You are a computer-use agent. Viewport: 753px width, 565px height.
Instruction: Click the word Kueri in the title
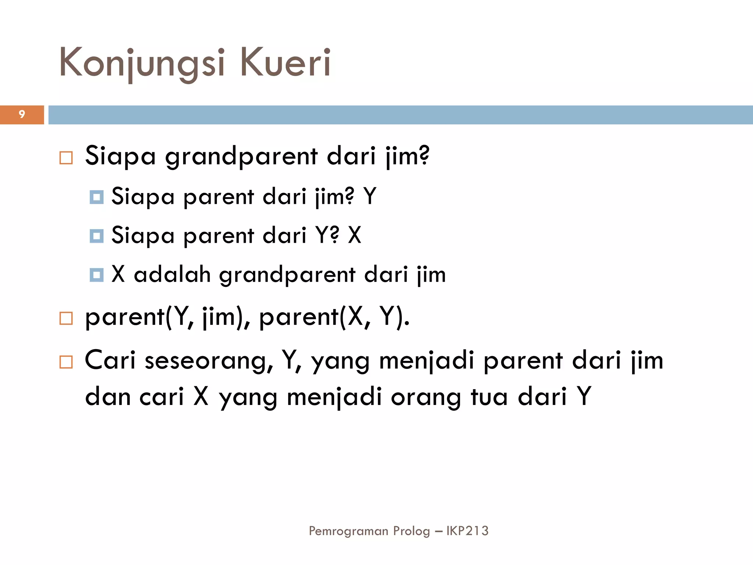point(285,63)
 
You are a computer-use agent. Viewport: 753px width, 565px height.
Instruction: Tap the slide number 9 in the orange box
point(22,114)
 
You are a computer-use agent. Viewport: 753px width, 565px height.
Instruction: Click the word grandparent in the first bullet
point(241,156)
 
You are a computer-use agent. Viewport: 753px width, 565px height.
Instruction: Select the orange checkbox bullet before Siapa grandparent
point(66,158)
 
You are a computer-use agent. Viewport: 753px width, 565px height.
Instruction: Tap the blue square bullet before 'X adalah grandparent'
point(96,275)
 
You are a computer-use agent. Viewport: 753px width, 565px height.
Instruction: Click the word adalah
point(172,274)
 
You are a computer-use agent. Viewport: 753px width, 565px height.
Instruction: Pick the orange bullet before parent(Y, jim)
point(66,318)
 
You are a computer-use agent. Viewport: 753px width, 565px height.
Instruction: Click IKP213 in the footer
point(467,531)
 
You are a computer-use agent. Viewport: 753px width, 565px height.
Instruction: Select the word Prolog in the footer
point(411,531)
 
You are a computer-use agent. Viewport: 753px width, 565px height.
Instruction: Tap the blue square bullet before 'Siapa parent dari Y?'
point(96,236)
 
